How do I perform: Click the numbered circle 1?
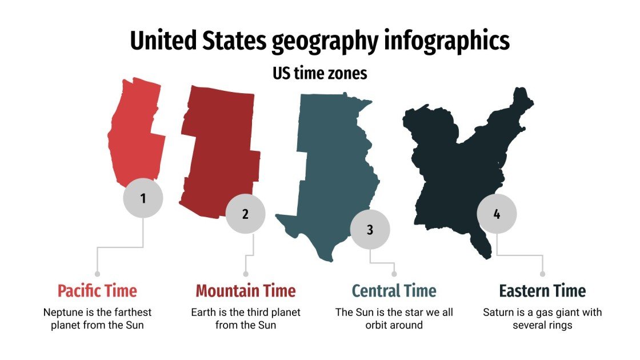(x=143, y=198)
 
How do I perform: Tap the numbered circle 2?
(x=245, y=214)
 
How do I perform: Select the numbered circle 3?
(x=370, y=230)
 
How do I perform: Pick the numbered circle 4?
(x=497, y=214)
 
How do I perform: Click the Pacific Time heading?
(x=97, y=291)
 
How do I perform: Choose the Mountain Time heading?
(x=246, y=291)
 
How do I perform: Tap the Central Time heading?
(x=394, y=291)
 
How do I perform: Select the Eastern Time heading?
(x=542, y=291)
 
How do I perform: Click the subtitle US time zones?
(x=319, y=74)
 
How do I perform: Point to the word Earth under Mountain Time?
(x=203, y=313)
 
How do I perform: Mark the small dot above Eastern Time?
(x=542, y=274)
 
